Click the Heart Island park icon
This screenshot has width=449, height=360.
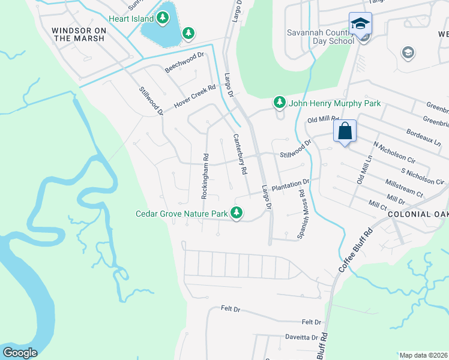163,19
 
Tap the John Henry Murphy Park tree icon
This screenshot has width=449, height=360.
279,103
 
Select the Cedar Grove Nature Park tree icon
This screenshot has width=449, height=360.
237,213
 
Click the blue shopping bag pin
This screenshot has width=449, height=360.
345,131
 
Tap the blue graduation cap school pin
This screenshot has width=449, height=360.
361,25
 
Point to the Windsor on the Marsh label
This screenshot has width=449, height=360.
78,34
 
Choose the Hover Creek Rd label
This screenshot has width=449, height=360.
194,97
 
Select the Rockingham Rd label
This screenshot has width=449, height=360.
205,178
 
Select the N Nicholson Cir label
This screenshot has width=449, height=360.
394,153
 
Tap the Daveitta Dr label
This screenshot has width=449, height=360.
301,338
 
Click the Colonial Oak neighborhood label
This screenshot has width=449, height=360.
418,214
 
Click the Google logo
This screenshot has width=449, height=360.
20,353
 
